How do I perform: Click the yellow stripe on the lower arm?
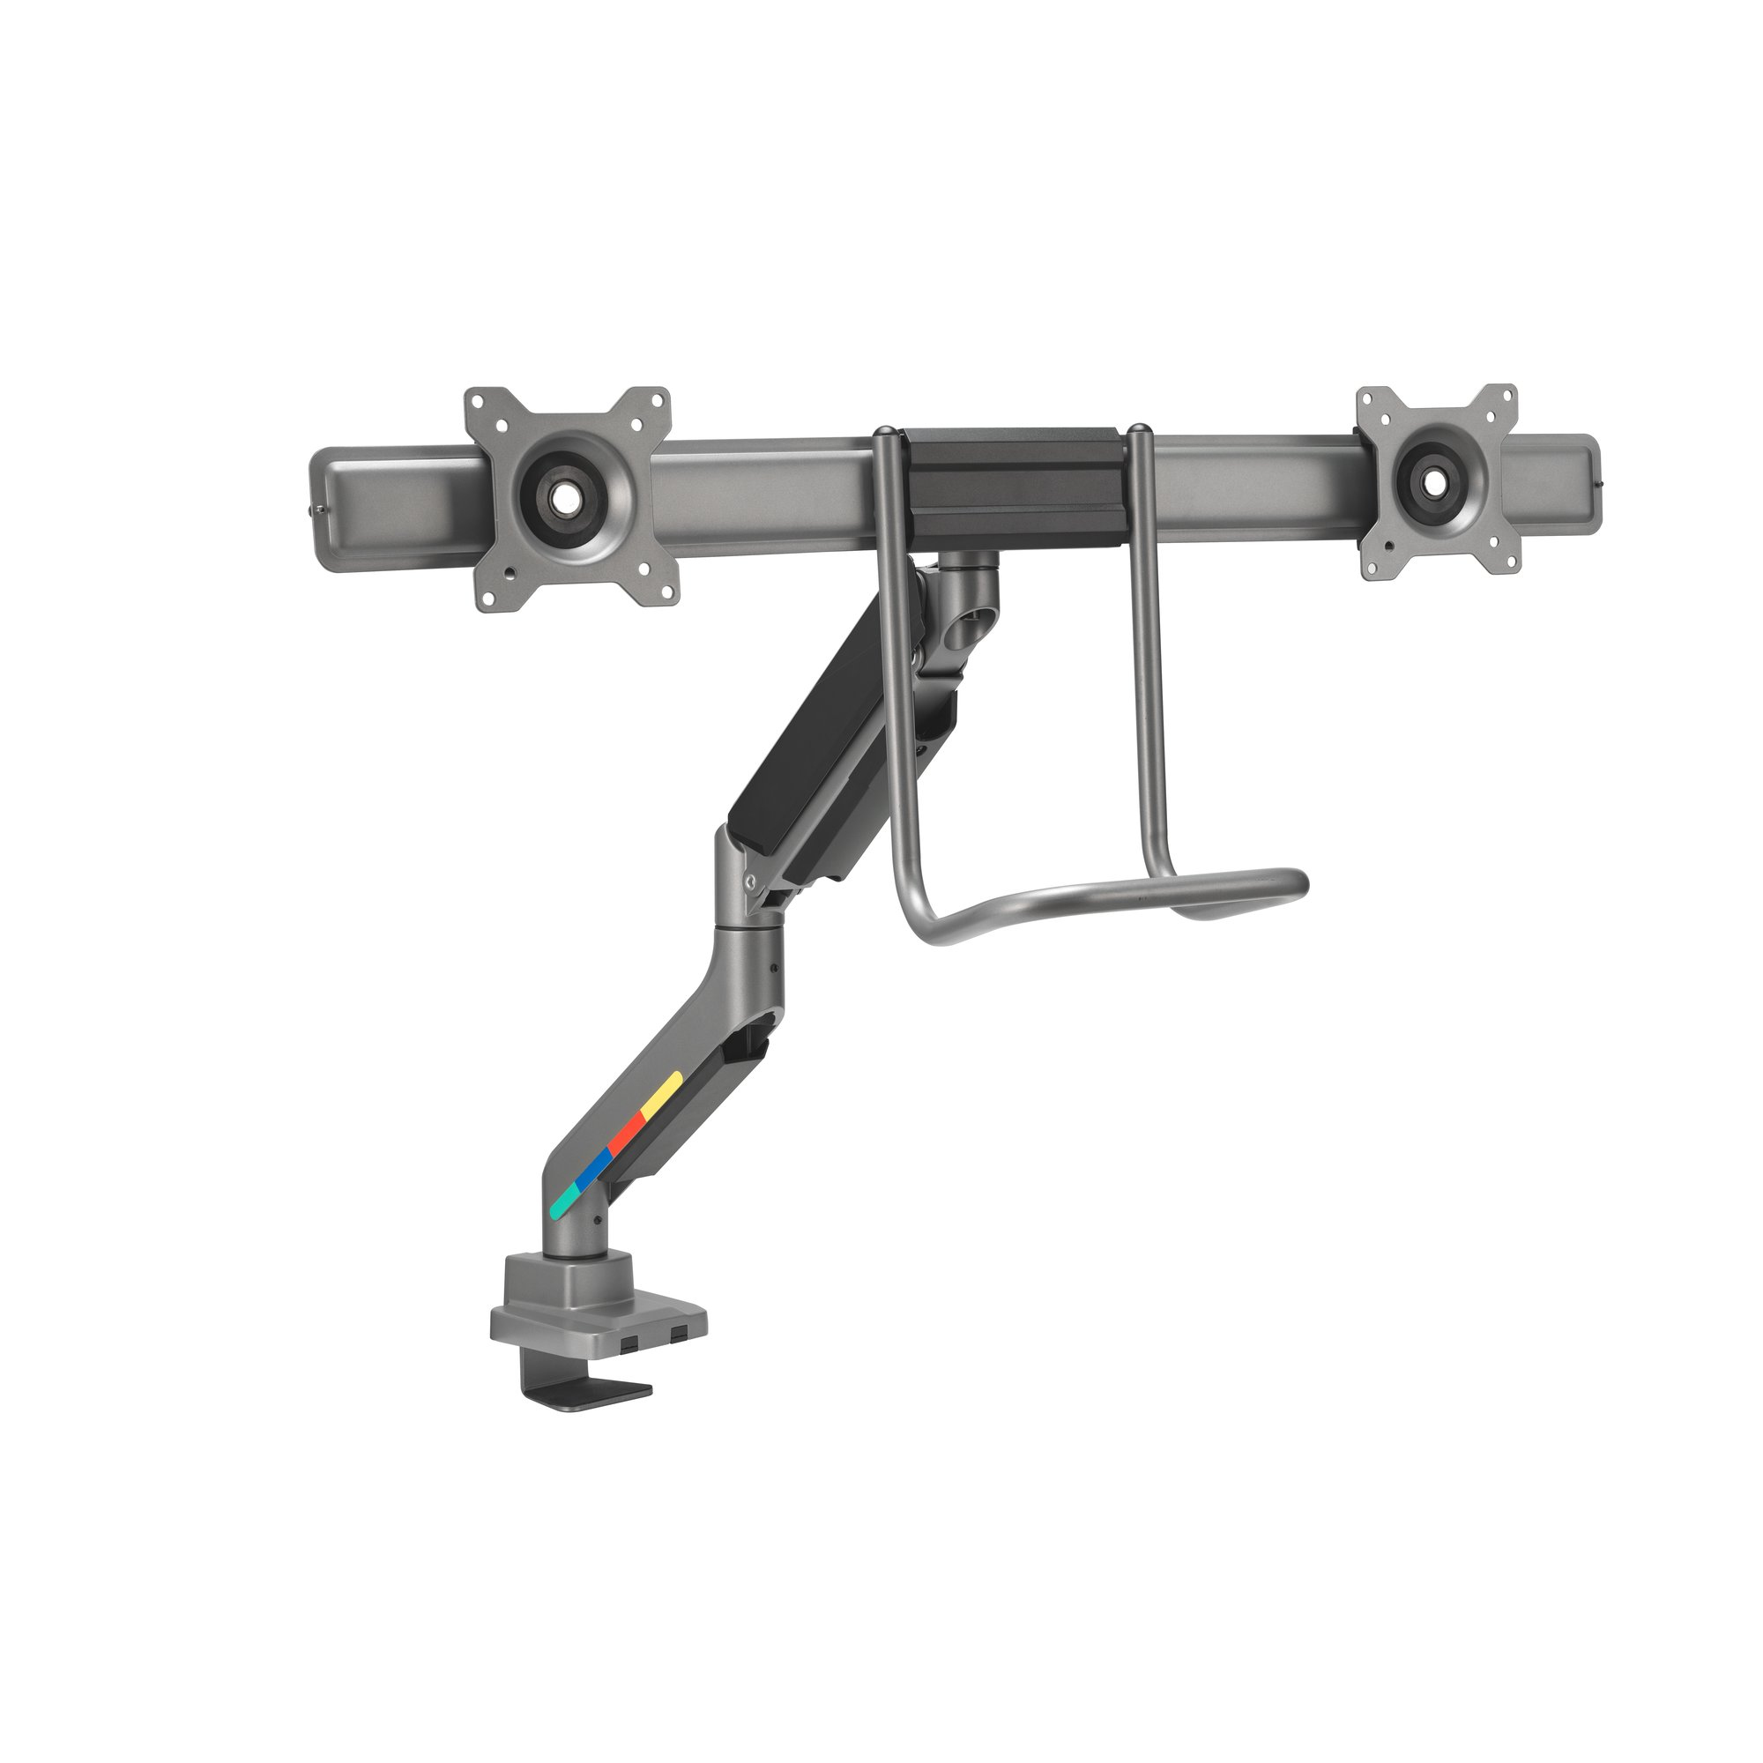(x=663, y=1094)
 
